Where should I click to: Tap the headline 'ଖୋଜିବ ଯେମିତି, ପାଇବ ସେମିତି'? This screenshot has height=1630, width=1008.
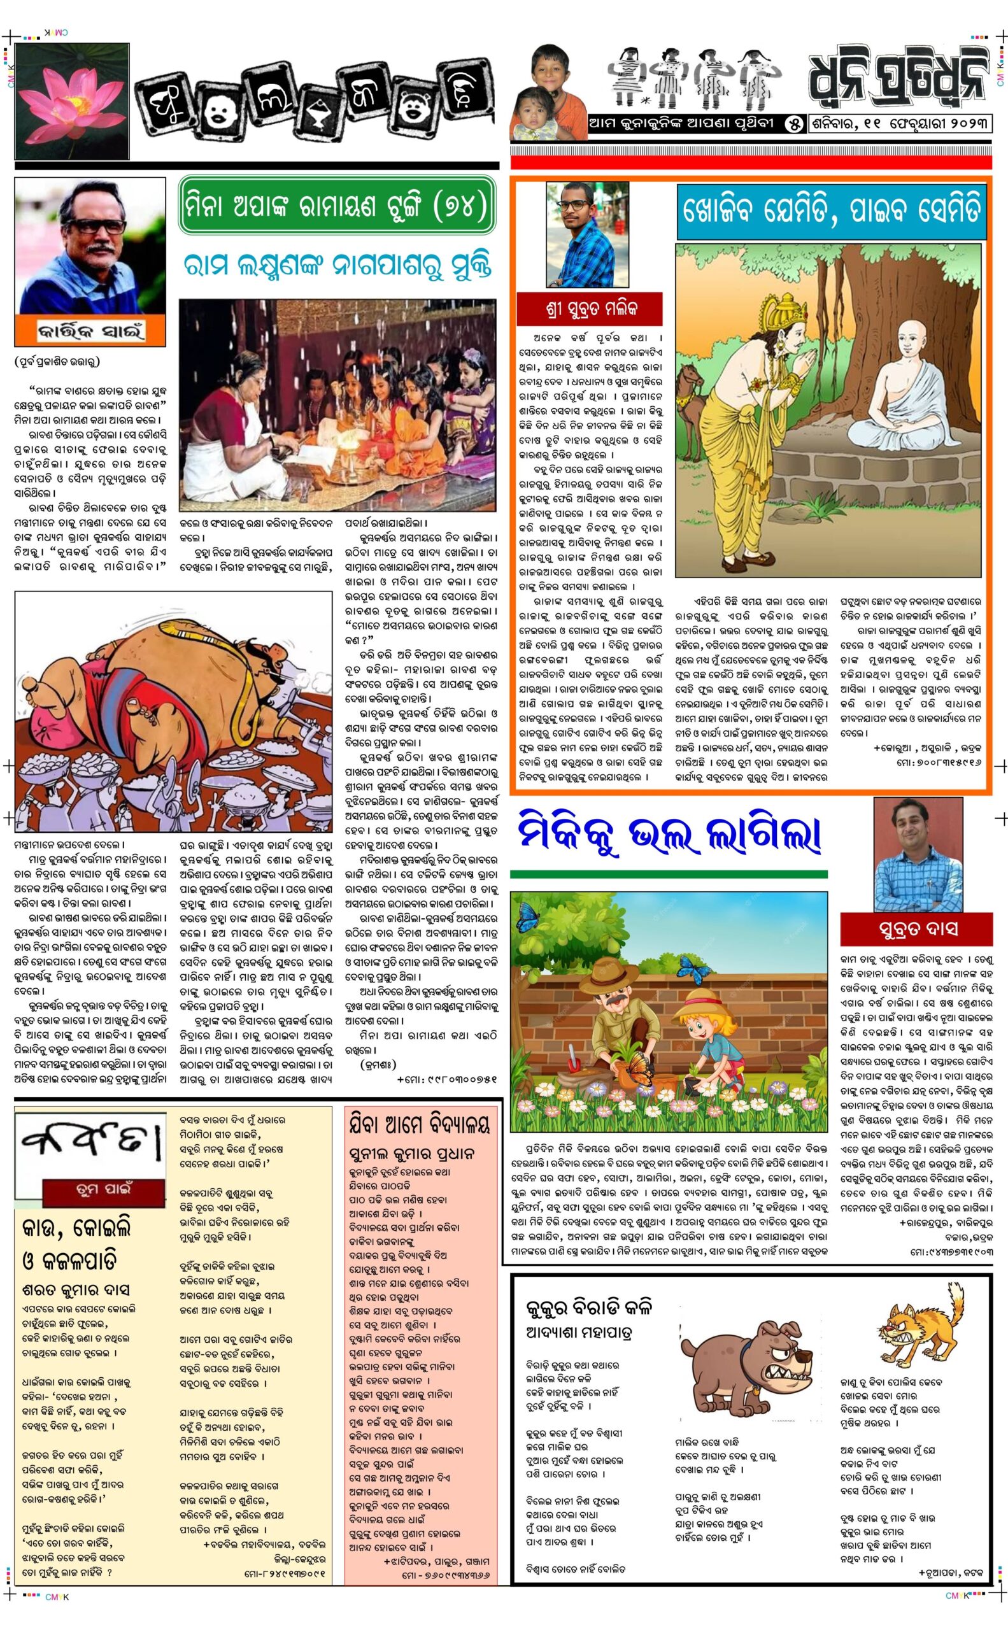832,212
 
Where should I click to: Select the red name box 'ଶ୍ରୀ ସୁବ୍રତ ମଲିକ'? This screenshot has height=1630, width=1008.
590,309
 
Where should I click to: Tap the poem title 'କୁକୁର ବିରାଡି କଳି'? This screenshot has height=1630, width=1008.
588,1307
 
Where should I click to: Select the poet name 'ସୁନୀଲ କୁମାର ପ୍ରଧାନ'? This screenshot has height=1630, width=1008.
411,1153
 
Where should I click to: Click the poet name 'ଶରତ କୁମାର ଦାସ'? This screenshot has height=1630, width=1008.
75,1290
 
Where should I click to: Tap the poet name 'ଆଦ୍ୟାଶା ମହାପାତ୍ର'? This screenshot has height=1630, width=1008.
578,1332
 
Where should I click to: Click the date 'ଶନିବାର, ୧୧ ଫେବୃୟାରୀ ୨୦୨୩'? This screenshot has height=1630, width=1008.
900,124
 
